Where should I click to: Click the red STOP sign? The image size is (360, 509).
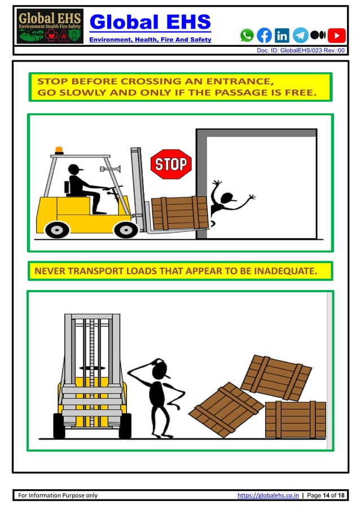[x=170, y=164]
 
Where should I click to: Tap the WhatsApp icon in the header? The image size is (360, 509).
[x=247, y=36]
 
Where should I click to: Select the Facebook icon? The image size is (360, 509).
[x=264, y=36]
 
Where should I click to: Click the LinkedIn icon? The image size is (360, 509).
[x=282, y=36]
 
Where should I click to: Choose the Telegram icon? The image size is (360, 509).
[x=300, y=36]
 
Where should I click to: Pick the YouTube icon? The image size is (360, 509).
[x=336, y=36]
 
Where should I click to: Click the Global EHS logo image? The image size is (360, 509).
[x=50, y=27]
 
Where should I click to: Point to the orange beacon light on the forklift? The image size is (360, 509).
[x=59, y=151]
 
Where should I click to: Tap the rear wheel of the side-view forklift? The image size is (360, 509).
[x=57, y=229]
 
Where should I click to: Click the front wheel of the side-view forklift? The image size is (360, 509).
[x=126, y=229]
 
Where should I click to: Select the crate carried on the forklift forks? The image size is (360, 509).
[x=179, y=213]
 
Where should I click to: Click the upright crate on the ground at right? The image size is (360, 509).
[x=295, y=419]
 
